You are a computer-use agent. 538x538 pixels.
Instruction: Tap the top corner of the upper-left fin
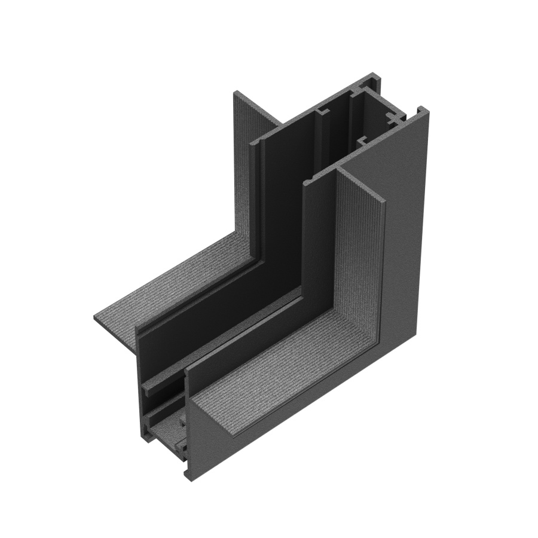tap(235, 91)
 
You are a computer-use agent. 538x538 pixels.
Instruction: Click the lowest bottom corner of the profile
tap(190, 478)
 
